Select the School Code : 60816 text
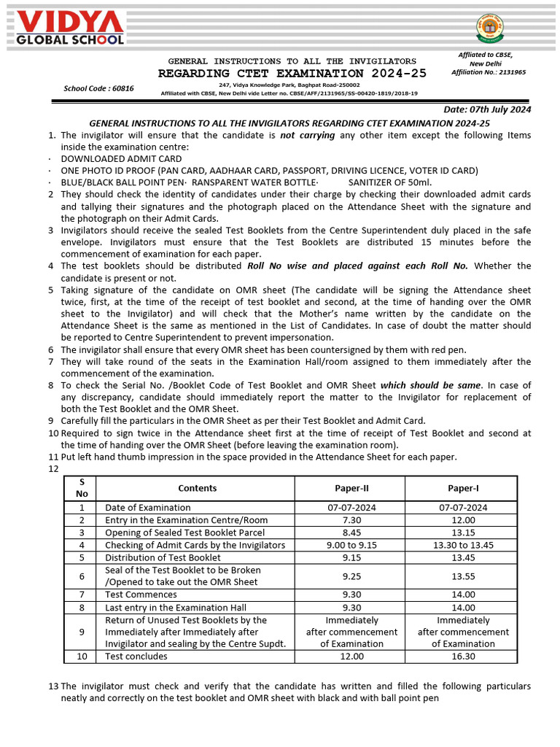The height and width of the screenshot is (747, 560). pos(98,88)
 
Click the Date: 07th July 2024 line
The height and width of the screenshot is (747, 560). pos(488,109)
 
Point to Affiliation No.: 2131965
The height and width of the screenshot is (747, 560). pos(489,72)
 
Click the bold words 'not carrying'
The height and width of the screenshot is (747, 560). pos(308,136)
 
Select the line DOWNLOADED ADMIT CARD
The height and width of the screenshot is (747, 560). pos(121,158)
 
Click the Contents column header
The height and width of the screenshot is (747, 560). pos(197,488)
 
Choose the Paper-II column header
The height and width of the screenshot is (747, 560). pos(350,488)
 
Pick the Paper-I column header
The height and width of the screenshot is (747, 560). pos(463,488)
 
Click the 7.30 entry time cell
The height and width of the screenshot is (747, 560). pos(350,520)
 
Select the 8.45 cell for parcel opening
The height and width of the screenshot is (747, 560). pos(350,533)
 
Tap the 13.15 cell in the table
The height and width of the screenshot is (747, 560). pos(463,533)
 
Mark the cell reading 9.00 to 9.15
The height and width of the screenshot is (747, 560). pos(350,545)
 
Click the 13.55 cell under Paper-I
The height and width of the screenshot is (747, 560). pos(463,576)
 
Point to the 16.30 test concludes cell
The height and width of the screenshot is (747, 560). pos(463,656)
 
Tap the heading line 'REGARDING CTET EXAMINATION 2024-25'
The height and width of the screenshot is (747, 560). pos(292,74)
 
